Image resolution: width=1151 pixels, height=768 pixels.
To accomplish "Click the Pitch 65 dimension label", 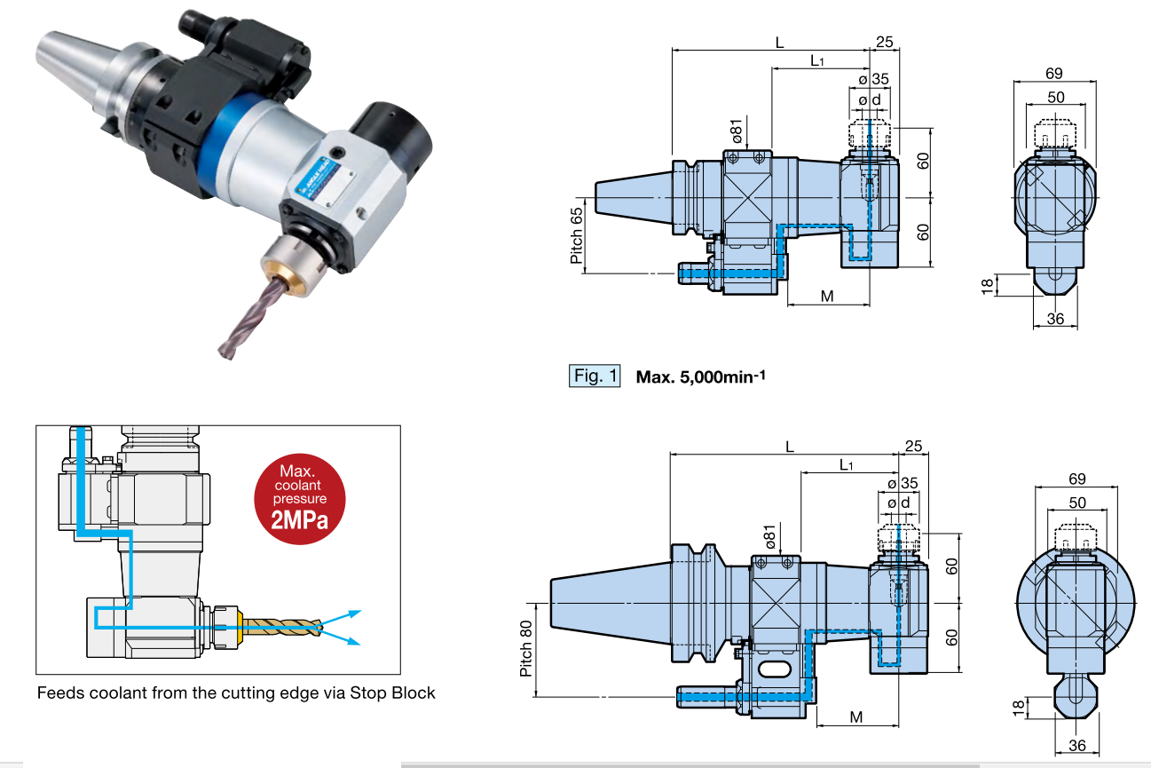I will tap(577, 234).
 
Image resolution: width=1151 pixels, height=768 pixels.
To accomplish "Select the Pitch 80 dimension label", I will tap(526, 648).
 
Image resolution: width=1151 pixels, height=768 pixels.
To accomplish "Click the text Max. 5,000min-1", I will tap(700, 376).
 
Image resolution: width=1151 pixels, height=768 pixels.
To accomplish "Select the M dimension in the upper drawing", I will tap(827, 296).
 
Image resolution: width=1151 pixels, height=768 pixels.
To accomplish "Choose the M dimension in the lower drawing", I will tap(856, 717).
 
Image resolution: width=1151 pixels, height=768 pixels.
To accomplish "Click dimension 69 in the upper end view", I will tap(1054, 73).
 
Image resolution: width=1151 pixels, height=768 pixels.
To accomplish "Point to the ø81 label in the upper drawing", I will tap(737, 130).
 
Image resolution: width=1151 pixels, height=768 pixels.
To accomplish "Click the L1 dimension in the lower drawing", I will tap(846, 465).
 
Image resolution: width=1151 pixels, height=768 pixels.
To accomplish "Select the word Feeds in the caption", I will tap(59, 693).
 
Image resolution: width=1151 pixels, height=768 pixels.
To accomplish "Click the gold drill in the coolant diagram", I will tap(280, 628).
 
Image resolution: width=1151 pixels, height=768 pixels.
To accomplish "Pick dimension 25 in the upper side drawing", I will tap(884, 42).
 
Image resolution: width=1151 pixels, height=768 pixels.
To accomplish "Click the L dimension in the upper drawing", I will tap(779, 42).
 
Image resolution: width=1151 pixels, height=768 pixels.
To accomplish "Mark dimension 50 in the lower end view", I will tap(1076, 502).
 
